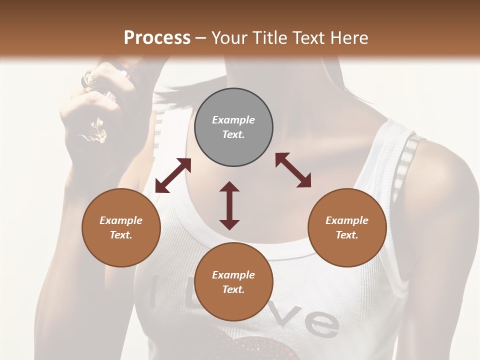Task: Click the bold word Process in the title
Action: pos(157,38)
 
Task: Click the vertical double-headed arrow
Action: pos(229,205)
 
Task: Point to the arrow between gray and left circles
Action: pos(173,175)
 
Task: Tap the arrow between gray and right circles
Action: pos(293,170)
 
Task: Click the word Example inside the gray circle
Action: pos(233,120)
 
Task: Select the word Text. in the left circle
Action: pos(121,235)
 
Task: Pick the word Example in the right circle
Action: pos(347,220)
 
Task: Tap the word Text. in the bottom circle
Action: pos(233,289)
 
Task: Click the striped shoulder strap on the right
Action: pos(405,165)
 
